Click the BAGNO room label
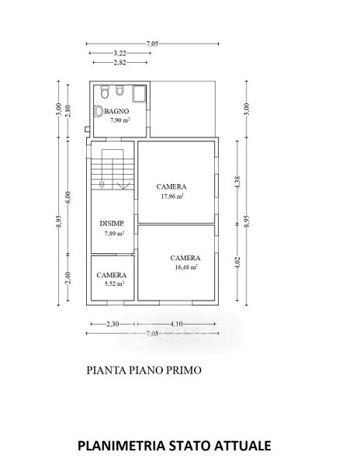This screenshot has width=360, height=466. pyautogui.click(x=117, y=111)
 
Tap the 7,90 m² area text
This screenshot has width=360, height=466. pyautogui.click(x=120, y=120)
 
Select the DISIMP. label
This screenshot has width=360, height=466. pyautogui.click(x=112, y=224)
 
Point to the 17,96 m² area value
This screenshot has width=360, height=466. pyautogui.click(x=172, y=196)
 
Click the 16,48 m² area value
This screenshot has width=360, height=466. pyautogui.click(x=186, y=267)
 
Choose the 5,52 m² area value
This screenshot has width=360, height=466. pyautogui.click(x=114, y=283)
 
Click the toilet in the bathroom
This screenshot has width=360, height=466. pyautogui.click(x=104, y=92)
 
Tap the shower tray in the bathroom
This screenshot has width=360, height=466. pyautogui.click(x=139, y=94)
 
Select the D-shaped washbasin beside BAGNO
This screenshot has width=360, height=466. pyautogui.click(x=99, y=111)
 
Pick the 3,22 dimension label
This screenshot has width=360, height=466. pyautogui.click(x=120, y=53)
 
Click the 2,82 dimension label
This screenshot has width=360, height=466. pyautogui.click(x=120, y=62)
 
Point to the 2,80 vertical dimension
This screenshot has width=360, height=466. pyautogui.click(x=68, y=111)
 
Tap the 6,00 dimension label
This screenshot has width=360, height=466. pyautogui.click(x=68, y=197)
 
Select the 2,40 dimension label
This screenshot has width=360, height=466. pyautogui.click(x=68, y=278)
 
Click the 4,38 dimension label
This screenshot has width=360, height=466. pyautogui.click(x=237, y=183)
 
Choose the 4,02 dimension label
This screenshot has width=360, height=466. pyautogui.click(x=237, y=263)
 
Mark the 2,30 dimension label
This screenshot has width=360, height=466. pyautogui.click(x=112, y=324)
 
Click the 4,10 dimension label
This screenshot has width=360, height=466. pyautogui.click(x=176, y=324)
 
